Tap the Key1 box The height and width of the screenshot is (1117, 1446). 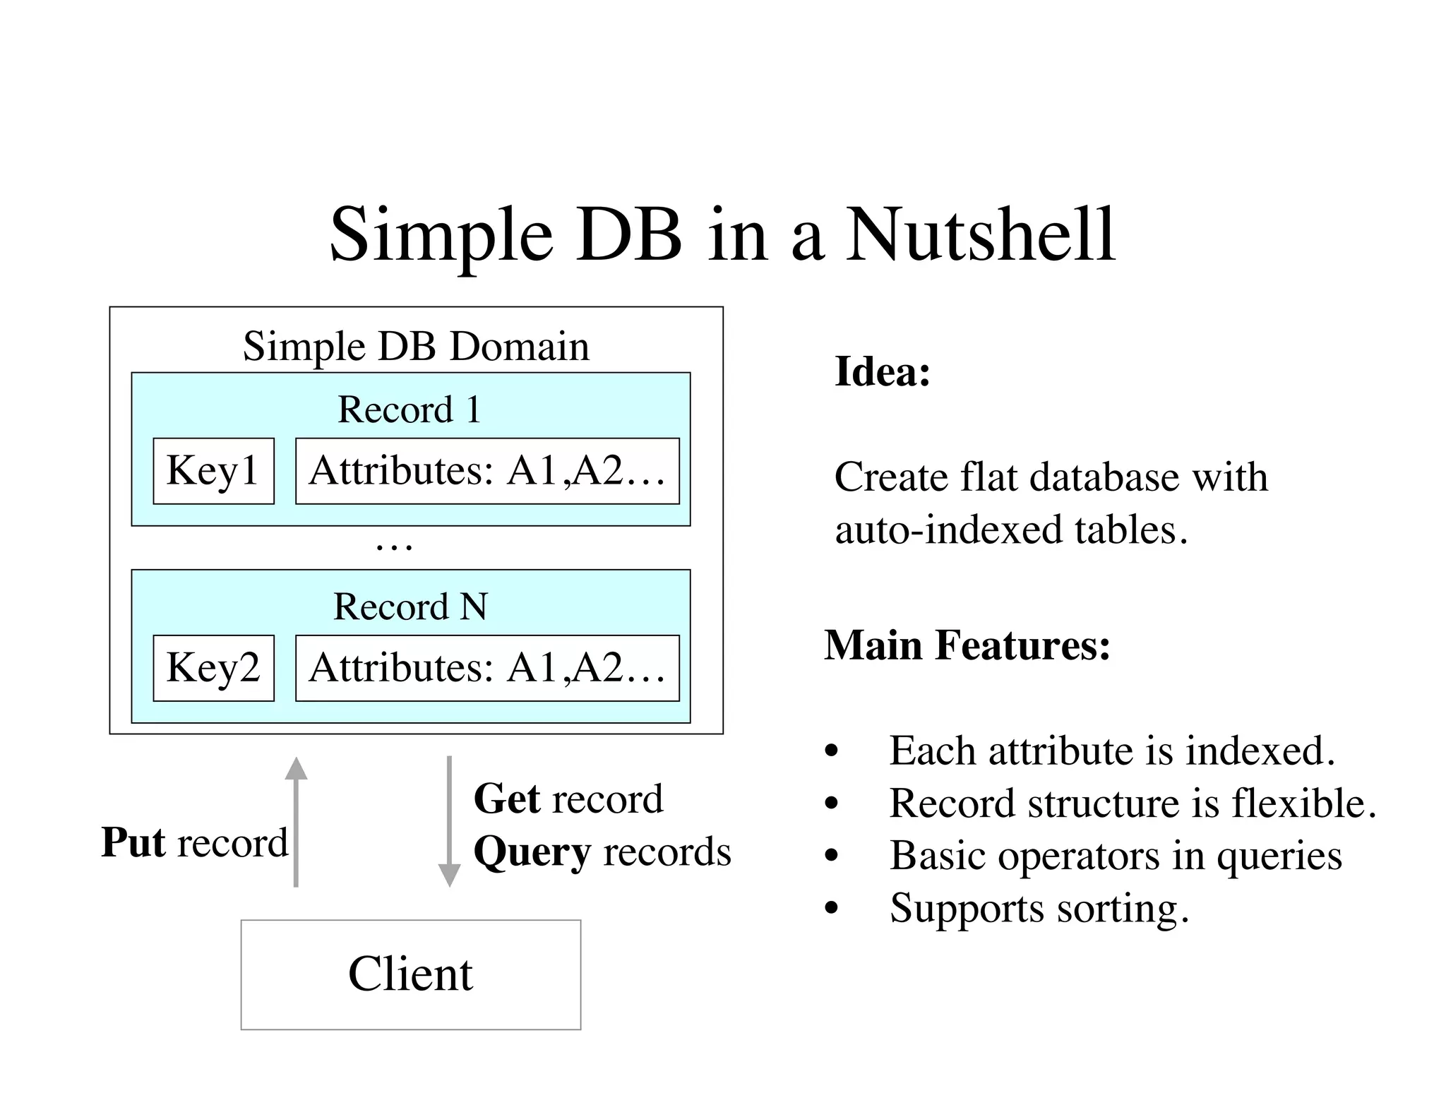click(x=213, y=471)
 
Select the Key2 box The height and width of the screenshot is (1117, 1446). click(x=213, y=668)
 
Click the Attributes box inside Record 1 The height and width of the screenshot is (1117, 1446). click(x=487, y=471)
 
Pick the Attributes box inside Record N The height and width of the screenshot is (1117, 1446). click(x=487, y=668)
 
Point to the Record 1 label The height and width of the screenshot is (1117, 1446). click(x=410, y=410)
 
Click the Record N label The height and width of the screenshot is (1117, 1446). click(x=410, y=607)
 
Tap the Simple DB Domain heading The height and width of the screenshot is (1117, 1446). click(x=416, y=346)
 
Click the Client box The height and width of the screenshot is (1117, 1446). click(x=410, y=974)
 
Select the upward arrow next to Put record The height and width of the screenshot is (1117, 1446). click(x=296, y=823)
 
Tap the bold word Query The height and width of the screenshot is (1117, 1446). click(x=532, y=852)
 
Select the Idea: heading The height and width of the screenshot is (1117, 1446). click(x=883, y=371)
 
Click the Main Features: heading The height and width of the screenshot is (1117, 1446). click(x=967, y=645)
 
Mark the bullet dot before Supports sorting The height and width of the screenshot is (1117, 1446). click(x=832, y=909)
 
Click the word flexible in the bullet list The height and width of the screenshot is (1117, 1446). click(x=1303, y=804)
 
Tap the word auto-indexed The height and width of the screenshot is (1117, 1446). click(x=948, y=530)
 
